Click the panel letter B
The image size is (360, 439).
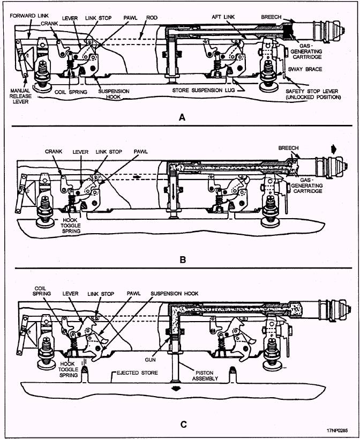pyautogui.click(x=183, y=259)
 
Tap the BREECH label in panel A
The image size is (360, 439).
pyautogui.click(x=271, y=17)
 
